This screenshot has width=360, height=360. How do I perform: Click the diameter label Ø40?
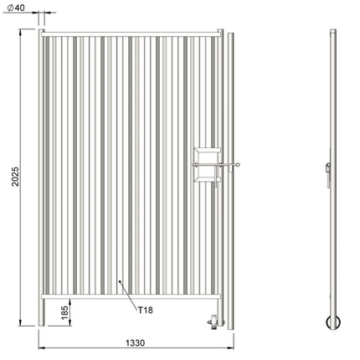point(13,8)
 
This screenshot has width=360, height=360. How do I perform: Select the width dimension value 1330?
point(135,343)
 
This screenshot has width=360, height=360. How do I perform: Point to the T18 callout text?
point(146,309)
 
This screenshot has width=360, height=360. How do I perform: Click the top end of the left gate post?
point(41,31)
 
